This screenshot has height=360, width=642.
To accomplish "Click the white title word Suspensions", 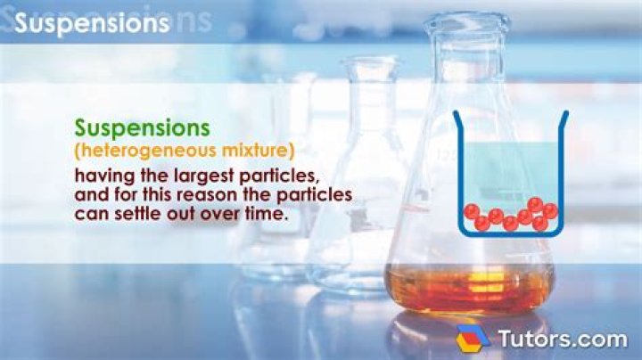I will click(x=92, y=24).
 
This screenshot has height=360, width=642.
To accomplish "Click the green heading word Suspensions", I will click(x=143, y=127).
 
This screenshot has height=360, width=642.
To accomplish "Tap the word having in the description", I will click(x=104, y=174).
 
